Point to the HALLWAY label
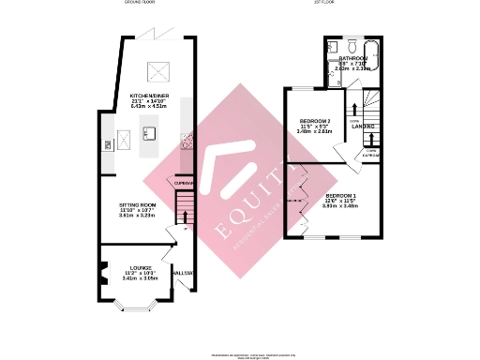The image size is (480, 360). [x=184, y=273]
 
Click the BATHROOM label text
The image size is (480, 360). [x=353, y=58]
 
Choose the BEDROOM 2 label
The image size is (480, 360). [x=315, y=121]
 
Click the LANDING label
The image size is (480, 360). [x=364, y=127]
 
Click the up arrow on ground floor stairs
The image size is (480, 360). [x=185, y=215]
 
